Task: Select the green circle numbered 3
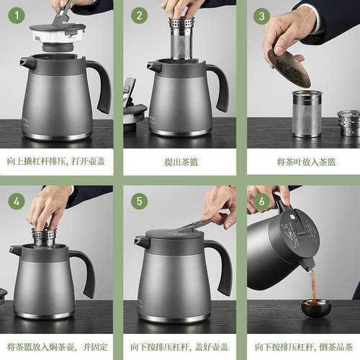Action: (262, 15)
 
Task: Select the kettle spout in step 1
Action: (27, 63)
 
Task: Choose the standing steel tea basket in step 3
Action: (307, 113)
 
